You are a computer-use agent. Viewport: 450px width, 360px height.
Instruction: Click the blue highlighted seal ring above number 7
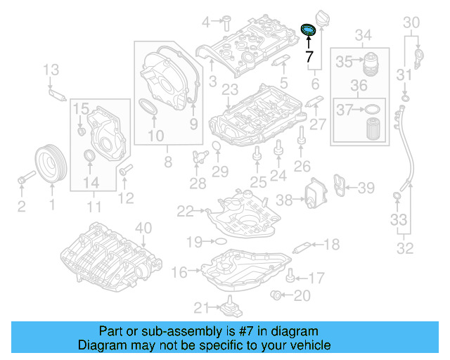[x=308, y=30]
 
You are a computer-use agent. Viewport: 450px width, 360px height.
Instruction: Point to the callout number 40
[x=143, y=227]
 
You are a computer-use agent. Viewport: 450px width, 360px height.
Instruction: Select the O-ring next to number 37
[x=374, y=110]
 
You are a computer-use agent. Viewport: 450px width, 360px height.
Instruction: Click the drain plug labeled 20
[x=277, y=295]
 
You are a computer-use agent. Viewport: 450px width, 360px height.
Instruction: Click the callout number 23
[x=230, y=89]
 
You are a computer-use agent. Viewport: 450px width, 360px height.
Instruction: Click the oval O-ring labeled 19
[x=219, y=241]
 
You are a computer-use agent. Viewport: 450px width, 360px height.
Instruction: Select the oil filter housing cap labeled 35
[x=372, y=62]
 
